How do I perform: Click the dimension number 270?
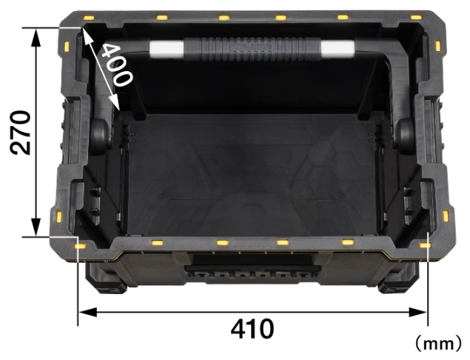click(x=21, y=133)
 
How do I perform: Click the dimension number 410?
click(x=252, y=328)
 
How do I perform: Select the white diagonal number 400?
click(x=116, y=64)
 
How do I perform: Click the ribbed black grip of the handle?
click(x=252, y=49)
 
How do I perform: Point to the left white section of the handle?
click(x=166, y=49)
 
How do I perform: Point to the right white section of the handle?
click(x=338, y=49)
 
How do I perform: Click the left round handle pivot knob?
click(x=100, y=136)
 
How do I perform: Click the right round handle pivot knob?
click(x=405, y=136)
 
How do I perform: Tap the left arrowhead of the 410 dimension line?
click(x=87, y=313)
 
